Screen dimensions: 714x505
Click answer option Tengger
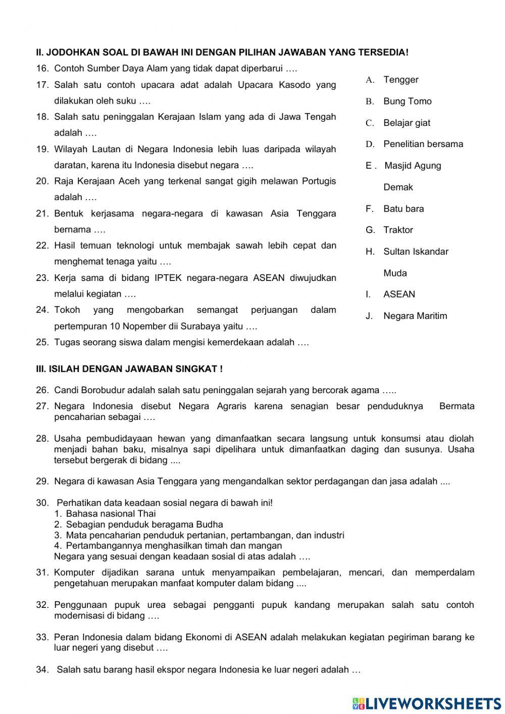coord(400,80)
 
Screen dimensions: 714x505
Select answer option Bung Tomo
coord(407,102)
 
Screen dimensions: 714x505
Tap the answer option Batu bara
coord(403,209)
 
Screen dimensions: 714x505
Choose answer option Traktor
coord(398,230)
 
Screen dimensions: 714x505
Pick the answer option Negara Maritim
coord(415,316)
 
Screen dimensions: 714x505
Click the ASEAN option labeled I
coord(399,295)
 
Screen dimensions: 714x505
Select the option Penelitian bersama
coord(423,145)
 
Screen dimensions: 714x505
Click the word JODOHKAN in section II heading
coord(69,53)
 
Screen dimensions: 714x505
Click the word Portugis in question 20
coord(319,181)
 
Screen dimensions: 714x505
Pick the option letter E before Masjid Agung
coord(369,166)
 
